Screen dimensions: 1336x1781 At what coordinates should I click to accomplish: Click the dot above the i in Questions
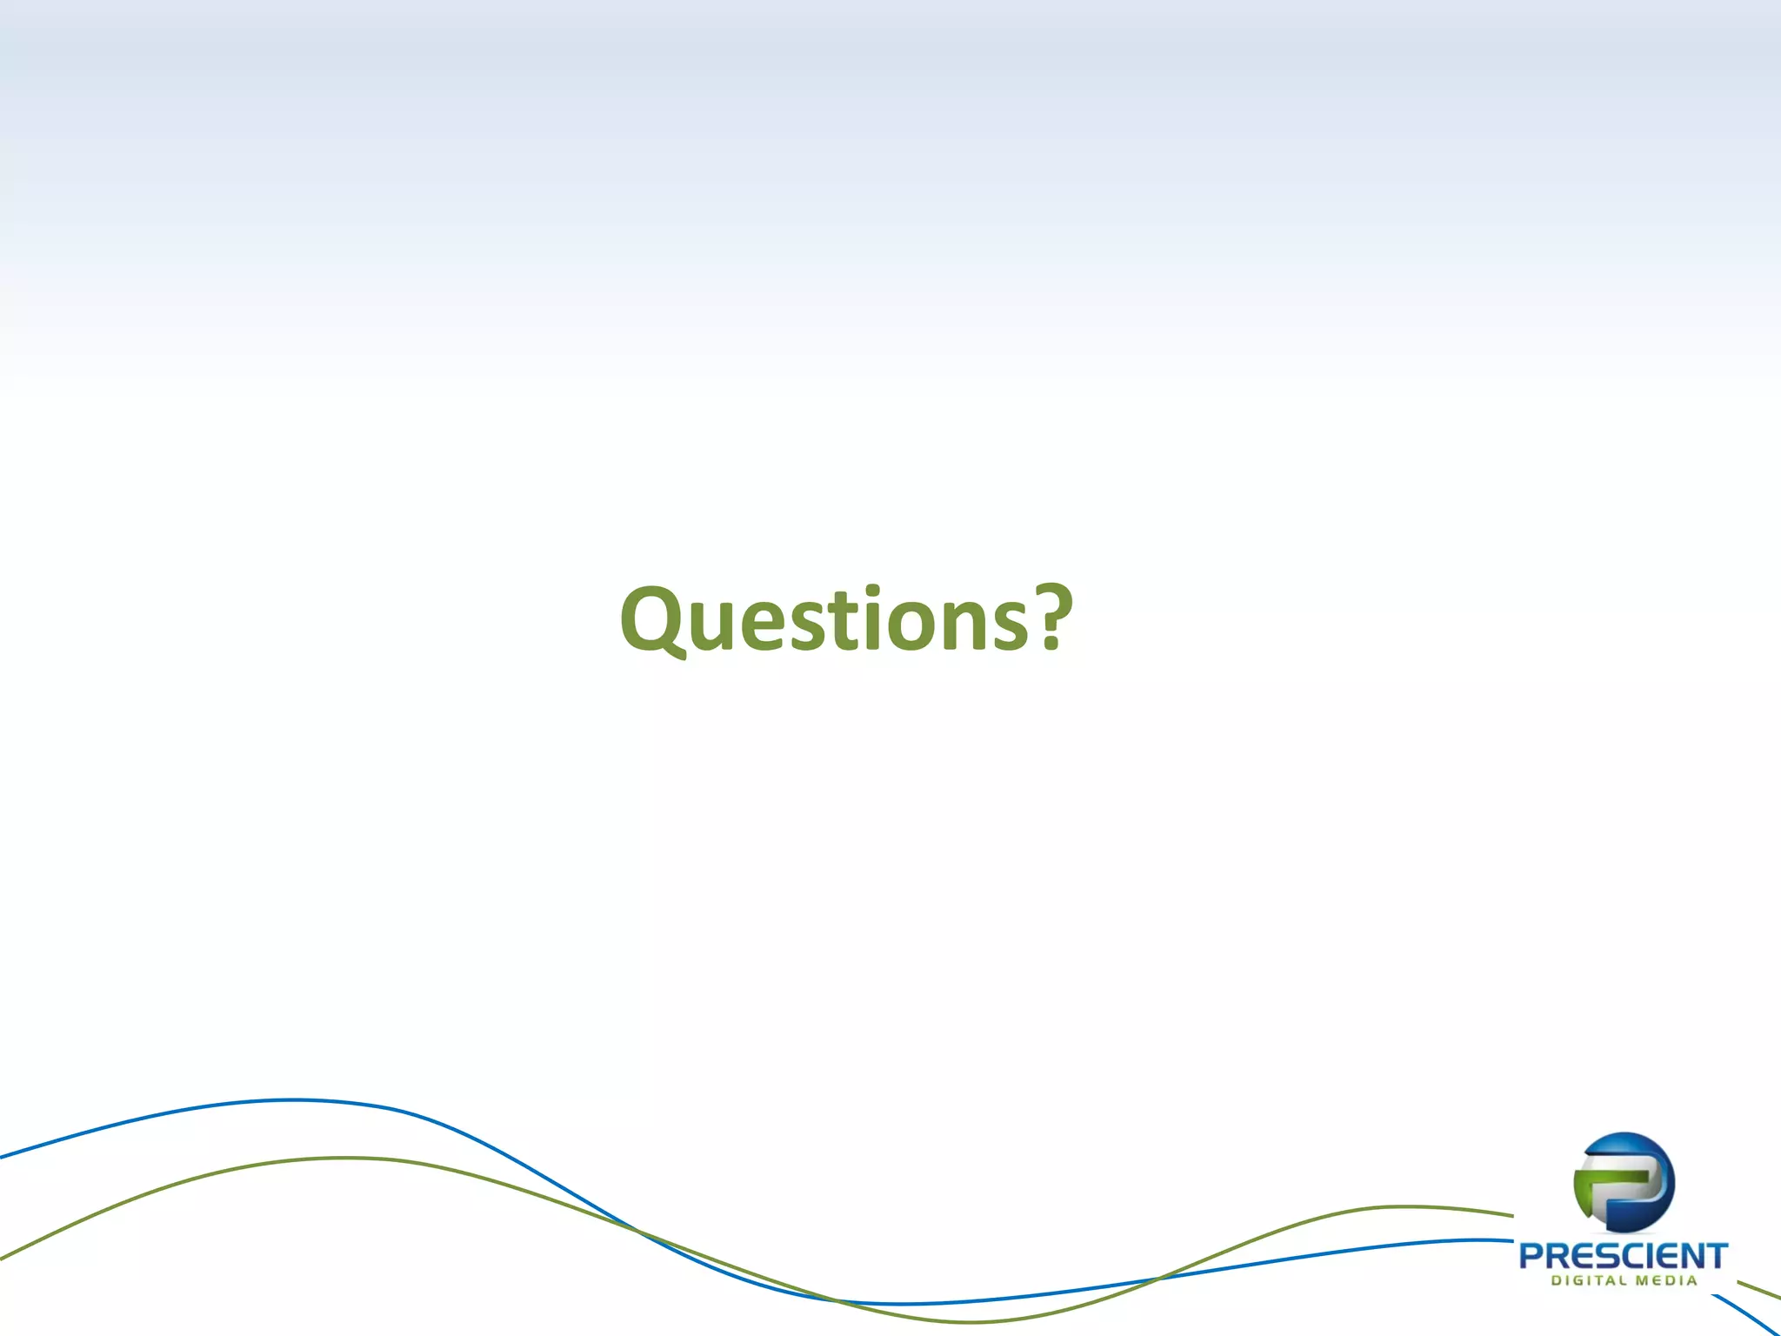878,594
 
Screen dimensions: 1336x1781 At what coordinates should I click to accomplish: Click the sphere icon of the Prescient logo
1624,1182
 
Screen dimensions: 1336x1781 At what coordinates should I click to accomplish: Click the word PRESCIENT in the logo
1623,1256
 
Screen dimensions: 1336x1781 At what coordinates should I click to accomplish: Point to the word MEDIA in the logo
1665,1280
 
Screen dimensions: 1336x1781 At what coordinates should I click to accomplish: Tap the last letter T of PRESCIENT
1716,1256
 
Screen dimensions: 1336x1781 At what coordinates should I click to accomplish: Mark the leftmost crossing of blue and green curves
636,1230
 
